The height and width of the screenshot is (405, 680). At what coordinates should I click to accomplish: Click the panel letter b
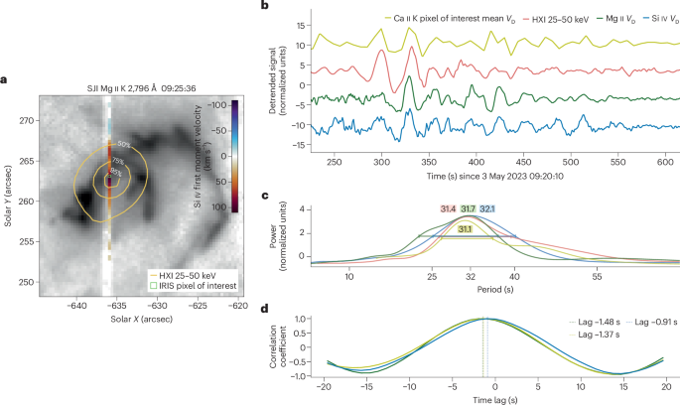[265, 6]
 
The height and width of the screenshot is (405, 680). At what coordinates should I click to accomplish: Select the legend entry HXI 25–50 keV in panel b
[497, 18]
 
